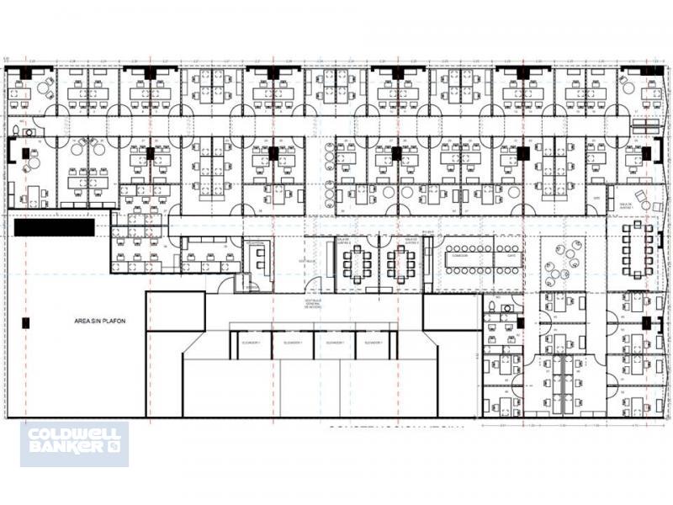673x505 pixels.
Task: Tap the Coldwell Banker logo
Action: (x=74, y=444)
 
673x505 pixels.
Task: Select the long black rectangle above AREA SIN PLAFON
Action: (x=55, y=227)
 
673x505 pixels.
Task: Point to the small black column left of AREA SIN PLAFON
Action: (x=25, y=322)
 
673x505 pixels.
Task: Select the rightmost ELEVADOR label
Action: (x=372, y=343)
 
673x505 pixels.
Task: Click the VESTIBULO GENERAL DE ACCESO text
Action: (x=314, y=304)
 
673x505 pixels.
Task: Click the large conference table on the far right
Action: (x=637, y=250)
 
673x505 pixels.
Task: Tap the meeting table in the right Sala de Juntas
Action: (x=401, y=264)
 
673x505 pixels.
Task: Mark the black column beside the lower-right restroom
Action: (x=520, y=322)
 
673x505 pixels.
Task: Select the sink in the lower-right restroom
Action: (x=507, y=309)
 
